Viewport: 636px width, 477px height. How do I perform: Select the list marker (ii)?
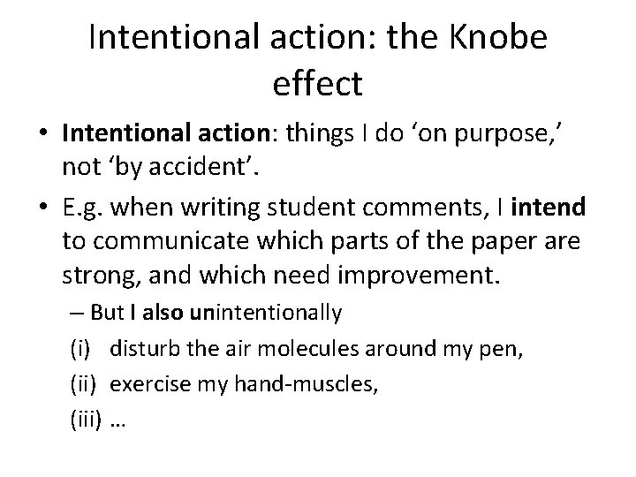pyautogui.click(x=83, y=383)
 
